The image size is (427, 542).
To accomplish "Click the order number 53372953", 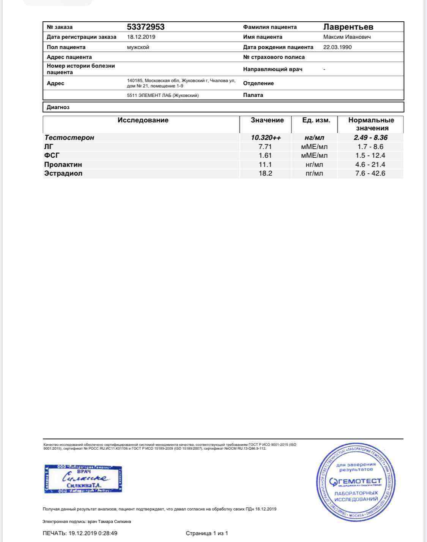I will pos(145,27).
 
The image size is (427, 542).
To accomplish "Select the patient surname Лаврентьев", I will pos(348,27).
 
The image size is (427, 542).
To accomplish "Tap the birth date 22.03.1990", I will pos(337,47).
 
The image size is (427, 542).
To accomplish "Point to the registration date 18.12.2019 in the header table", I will pos(141,37).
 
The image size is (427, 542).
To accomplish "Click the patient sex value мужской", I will pos(138,47).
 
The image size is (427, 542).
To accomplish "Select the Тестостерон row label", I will pos(69,138).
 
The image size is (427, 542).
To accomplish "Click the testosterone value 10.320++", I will pos(266,138).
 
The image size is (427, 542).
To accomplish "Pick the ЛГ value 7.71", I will pos(265,147).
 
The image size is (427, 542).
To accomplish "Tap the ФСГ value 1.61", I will pos(265,155).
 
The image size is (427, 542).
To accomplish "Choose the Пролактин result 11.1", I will pos(265,165).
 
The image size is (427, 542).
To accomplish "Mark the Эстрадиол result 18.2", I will pos(265,173).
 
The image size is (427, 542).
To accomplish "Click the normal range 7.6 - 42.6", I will pos(370,173).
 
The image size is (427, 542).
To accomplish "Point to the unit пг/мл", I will pos(314,173).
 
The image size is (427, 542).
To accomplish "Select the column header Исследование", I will pos(143,120).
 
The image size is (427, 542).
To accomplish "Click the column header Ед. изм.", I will pos(316,120).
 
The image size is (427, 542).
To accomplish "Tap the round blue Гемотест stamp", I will pos(356,482).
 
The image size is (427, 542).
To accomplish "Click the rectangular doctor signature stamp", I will pos(83,478).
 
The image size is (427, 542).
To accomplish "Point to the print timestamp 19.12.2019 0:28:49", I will pos(93,533).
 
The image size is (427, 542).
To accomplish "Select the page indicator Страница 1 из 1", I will pos(207,533).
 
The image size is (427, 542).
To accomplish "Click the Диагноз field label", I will pos(58,107).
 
